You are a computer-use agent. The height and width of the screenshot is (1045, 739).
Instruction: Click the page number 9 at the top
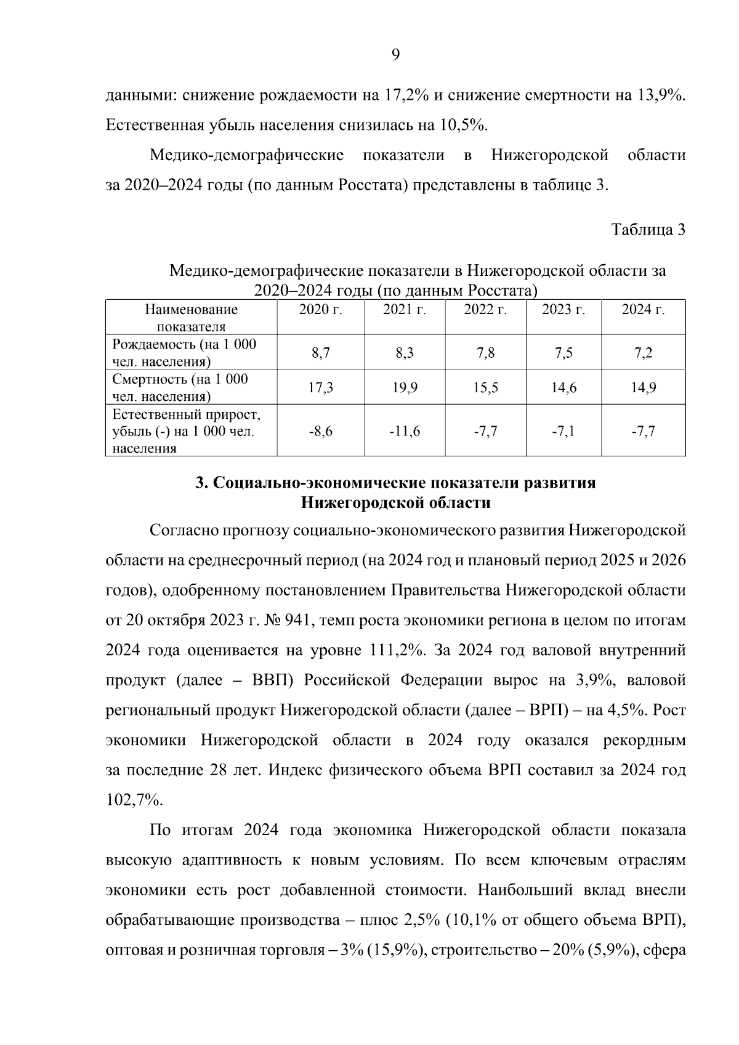click(x=395, y=55)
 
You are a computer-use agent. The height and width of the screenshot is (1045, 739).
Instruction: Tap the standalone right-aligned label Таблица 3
click(x=648, y=230)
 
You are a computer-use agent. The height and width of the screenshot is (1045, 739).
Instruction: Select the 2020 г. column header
click(x=320, y=310)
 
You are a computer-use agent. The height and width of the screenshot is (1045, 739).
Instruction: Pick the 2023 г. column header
click(x=563, y=310)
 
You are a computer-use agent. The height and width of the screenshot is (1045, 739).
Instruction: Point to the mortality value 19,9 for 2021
click(x=405, y=387)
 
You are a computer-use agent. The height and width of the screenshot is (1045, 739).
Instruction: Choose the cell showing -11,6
click(x=405, y=431)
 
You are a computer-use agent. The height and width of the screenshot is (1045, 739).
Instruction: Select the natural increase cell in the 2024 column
click(x=643, y=431)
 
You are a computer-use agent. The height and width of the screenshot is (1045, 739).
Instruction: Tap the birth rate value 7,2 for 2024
click(x=643, y=353)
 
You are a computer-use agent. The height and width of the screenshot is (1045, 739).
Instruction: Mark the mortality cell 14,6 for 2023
click(x=563, y=387)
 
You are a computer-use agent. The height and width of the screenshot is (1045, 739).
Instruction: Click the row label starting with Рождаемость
click(x=184, y=353)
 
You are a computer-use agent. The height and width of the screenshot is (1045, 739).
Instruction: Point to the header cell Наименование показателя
click(x=191, y=318)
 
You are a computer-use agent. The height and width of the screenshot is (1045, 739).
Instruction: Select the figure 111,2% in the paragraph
click(x=397, y=650)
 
